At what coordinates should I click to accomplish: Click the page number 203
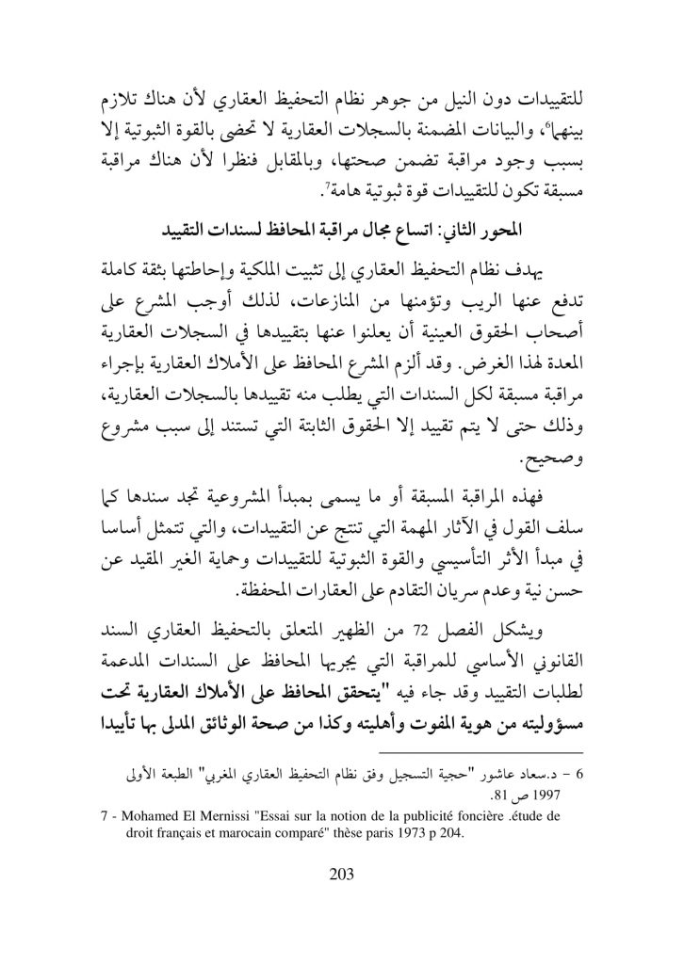(x=341, y=875)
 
